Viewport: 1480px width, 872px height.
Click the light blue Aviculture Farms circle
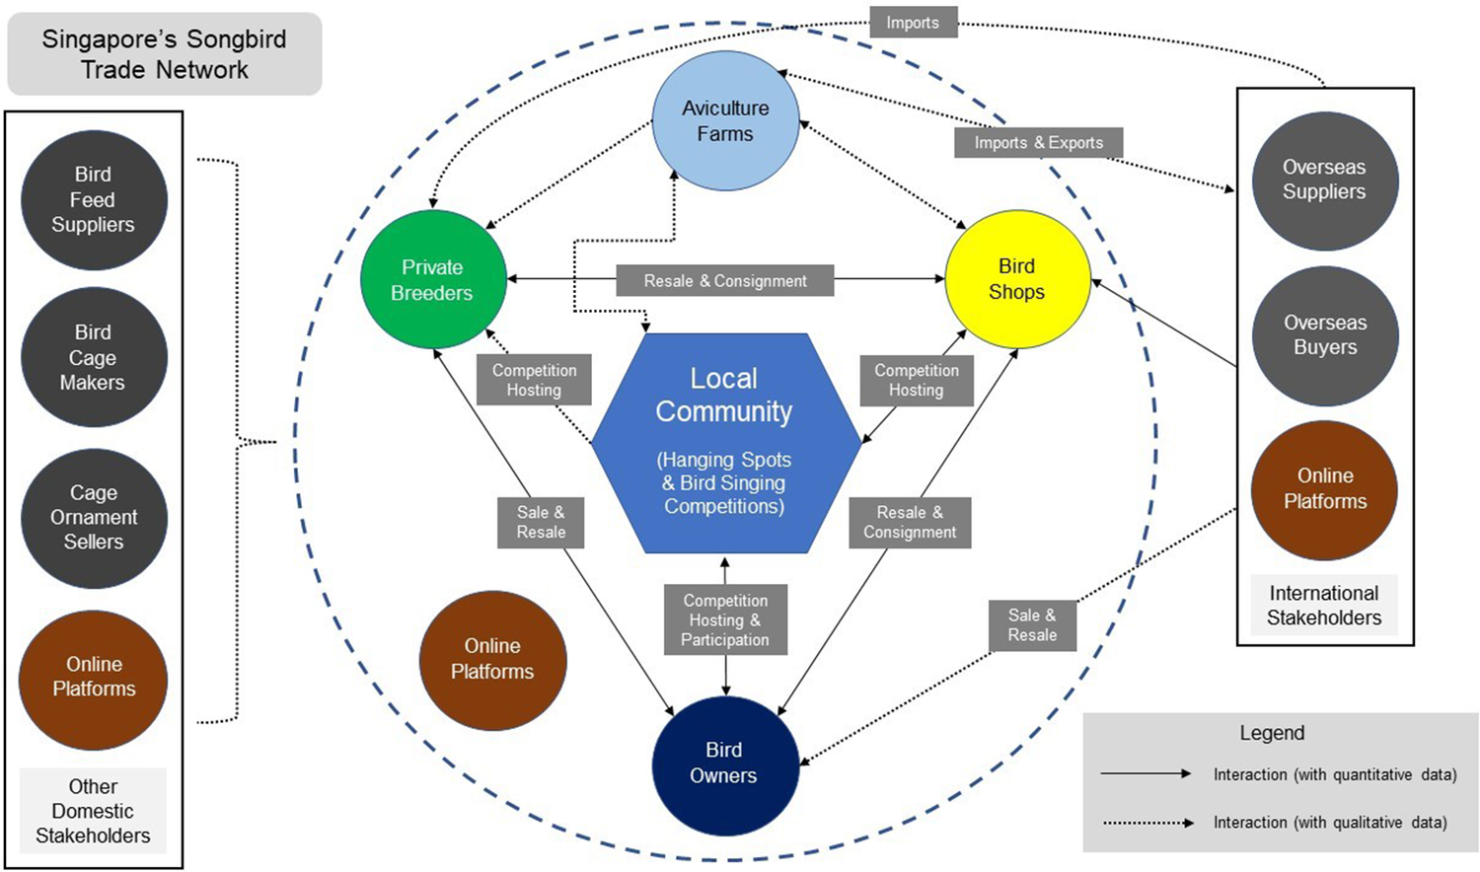pos(725,121)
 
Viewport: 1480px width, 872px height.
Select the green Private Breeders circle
pos(432,280)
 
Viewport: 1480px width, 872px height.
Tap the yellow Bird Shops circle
pos(1017,279)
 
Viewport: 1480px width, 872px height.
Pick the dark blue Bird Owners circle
pos(724,763)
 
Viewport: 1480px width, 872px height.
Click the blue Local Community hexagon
pos(725,442)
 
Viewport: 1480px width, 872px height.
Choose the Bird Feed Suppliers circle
pos(94,200)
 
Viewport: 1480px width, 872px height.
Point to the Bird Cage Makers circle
pos(94,357)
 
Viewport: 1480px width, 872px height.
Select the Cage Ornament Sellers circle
pos(94,518)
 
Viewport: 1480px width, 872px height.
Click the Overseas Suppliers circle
pos(1324,181)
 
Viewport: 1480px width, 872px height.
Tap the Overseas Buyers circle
pos(1325,335)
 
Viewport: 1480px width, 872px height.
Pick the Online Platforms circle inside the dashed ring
pos(492,659)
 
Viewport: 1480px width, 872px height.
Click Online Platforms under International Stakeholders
pos(1324,489)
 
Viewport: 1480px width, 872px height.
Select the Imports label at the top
pos(913,23)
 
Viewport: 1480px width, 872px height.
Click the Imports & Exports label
pos(1038,143)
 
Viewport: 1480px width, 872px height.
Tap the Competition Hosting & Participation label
pos(725,620)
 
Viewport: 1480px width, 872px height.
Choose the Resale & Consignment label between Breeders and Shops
pos(725,281)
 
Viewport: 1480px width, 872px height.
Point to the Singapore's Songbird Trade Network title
pos(165,54)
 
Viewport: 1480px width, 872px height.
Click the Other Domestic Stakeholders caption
pos(94,811)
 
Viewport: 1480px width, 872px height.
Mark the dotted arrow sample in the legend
pos(1147,822)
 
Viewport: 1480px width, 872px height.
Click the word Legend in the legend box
pos(1272,733)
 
